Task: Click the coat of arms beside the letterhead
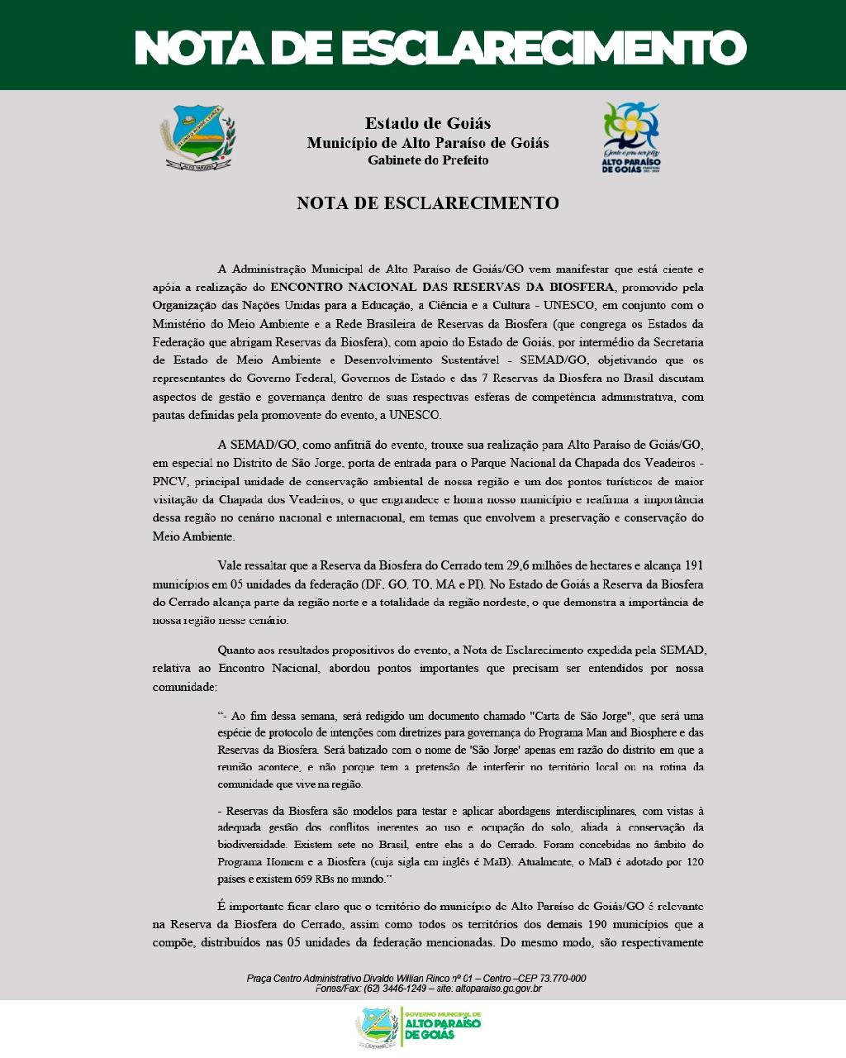pos(197,137)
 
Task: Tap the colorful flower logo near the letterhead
pos(631,136)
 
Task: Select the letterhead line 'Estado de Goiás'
pos(427,123)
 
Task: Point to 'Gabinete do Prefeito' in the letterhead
pos(427,160)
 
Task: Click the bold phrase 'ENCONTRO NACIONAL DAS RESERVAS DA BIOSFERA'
pos(442,287)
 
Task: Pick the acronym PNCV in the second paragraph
pos(169,481)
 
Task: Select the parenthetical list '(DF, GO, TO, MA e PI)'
pos(434,584)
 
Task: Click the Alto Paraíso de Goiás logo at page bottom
pos(419,1025)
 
